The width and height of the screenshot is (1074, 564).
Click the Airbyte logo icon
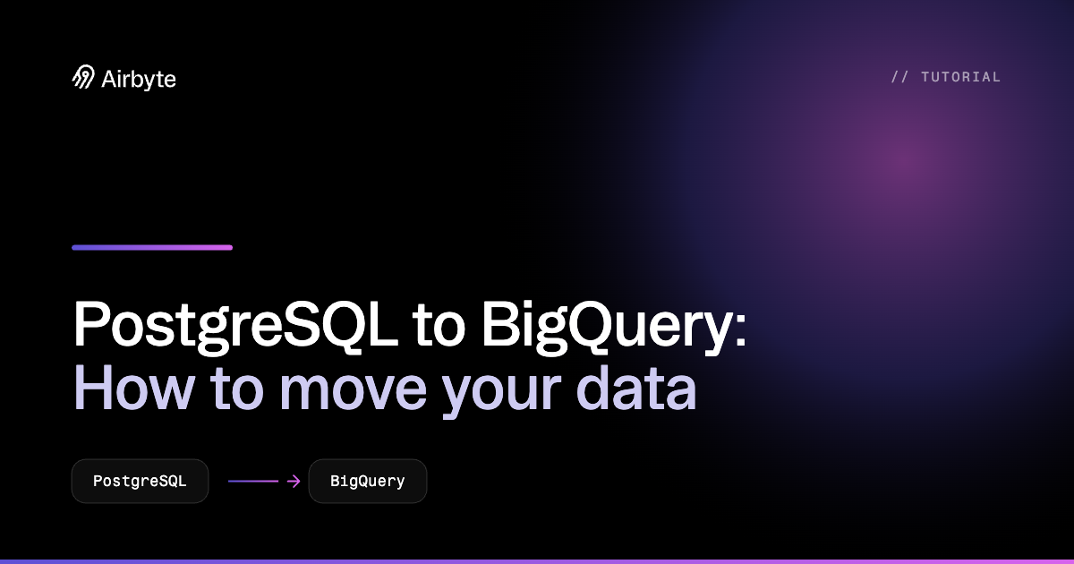(83, 77)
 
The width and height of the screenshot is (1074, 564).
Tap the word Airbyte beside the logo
(139, 80)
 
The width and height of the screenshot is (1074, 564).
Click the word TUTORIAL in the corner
(961, 77)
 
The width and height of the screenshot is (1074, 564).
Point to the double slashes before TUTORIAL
(899, 77)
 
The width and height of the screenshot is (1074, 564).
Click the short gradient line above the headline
(152, 247)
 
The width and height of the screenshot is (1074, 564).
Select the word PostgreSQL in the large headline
(235, 326)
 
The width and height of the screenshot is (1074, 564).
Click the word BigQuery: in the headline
(614, 326)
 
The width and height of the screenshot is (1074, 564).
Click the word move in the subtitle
(353, 394)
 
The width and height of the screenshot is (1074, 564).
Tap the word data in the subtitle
(636, 389)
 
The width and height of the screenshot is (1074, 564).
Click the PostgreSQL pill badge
(140, 481)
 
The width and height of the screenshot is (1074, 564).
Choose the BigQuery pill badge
(368, 481)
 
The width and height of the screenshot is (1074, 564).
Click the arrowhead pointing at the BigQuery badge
(294, 481)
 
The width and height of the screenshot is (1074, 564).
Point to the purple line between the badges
(253, 481)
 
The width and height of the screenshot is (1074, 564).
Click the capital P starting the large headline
(92, 322)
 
